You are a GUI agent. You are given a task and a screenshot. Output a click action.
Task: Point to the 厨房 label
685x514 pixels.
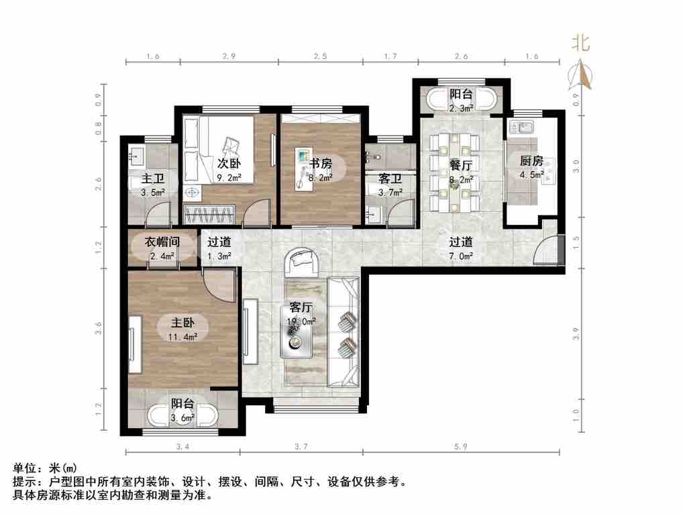coord(531,161)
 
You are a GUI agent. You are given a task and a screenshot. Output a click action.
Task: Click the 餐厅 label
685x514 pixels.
coord(461,165)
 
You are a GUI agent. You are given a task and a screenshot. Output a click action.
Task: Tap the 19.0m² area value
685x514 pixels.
coord(302,321)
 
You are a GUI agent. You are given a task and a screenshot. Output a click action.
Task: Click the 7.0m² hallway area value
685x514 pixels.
coord(461,256)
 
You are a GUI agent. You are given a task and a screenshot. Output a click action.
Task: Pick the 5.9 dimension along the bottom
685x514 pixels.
coord(464,446)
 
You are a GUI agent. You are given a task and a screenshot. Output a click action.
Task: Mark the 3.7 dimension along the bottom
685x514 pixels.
coord(301,446)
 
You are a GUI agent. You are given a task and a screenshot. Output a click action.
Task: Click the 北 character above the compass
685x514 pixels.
coord(580,44)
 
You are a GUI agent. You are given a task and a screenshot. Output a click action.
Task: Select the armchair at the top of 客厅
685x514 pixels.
coord(303,263)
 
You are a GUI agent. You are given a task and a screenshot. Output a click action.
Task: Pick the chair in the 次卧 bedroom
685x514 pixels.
coord(231,144)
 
